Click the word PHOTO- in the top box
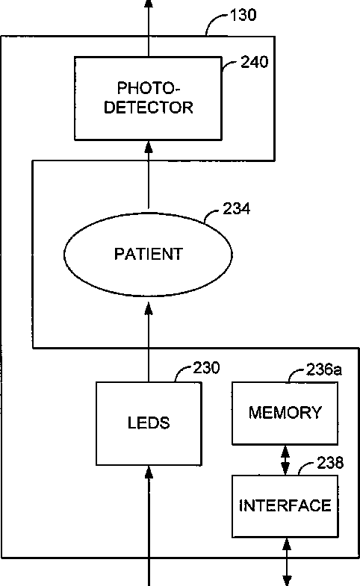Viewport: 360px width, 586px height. coord(149,88)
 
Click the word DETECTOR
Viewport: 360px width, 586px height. coord(149,107)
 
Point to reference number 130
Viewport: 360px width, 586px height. coord(243,16)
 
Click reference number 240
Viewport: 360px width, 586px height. coord(254,62)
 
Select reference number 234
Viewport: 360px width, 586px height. coord(236,208)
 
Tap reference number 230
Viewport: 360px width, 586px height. coord(206,368)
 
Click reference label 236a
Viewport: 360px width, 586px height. coord(323,370)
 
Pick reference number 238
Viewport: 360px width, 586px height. coord(330,463)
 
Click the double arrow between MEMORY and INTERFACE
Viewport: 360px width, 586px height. coord(285,460)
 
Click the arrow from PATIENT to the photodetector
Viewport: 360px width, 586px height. coord(149,175)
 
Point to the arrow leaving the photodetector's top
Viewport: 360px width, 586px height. coord(149,28)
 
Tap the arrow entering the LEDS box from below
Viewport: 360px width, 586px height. coord(149,526)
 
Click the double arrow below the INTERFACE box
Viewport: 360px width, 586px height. coord(287,561)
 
